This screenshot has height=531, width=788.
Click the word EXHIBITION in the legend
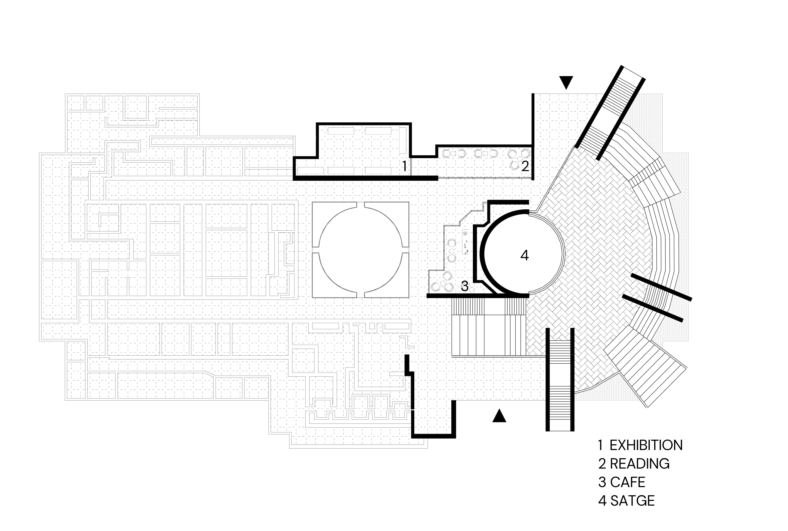pyautogui.click(x=646, y=445)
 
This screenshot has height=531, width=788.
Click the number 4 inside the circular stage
pyautogui.click(x=524, y=256)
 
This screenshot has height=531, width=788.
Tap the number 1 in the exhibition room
pyautogui.click(x=404, y=166)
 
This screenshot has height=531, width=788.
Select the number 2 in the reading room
pyautogui.click(x=525, y=166)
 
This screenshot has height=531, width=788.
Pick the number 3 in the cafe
pyautogui.click(x=465, y=287)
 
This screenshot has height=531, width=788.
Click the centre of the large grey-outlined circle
pyautogui.click(x=360, y=250)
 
